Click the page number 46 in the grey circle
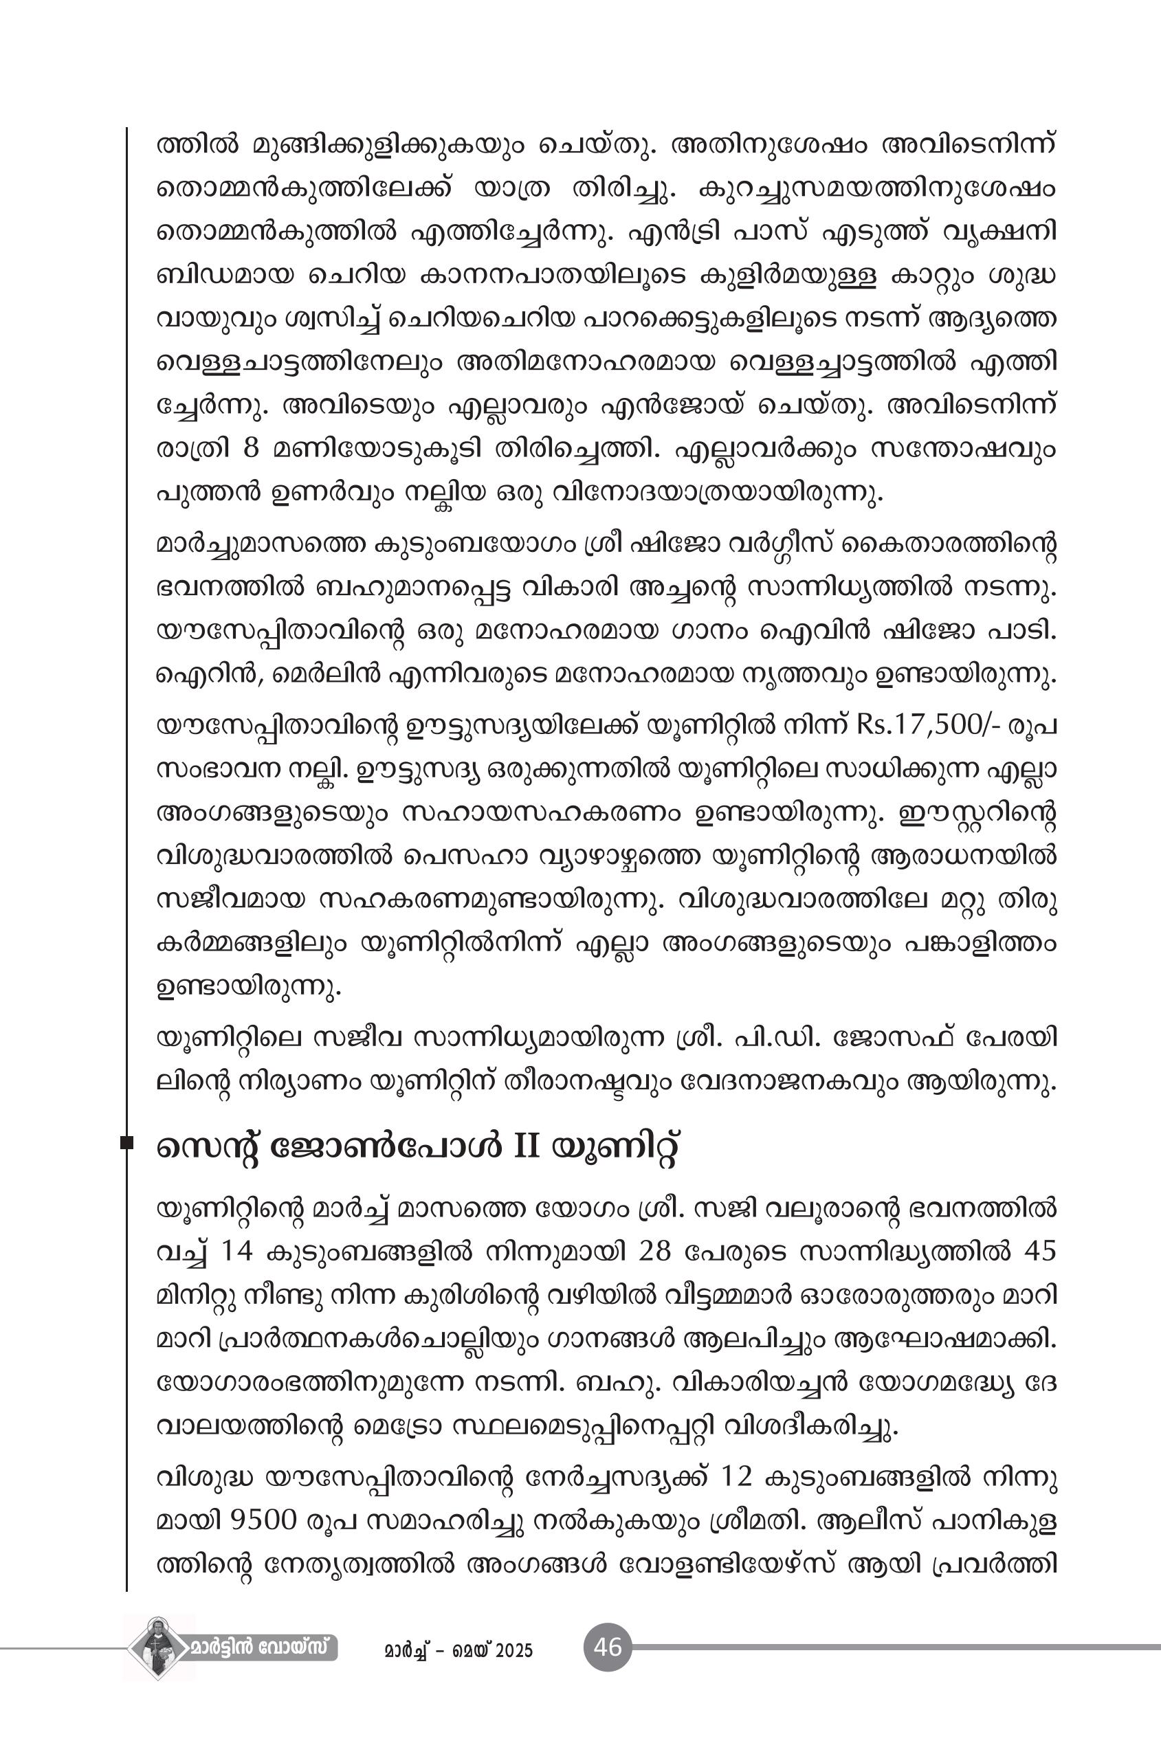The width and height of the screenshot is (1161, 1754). [x=607, y=1647]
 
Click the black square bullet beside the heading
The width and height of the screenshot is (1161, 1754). [x=126, y=1143]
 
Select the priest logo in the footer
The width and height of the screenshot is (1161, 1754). [x=157, y=1648]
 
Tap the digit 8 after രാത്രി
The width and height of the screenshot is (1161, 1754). [x=250, y=449]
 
